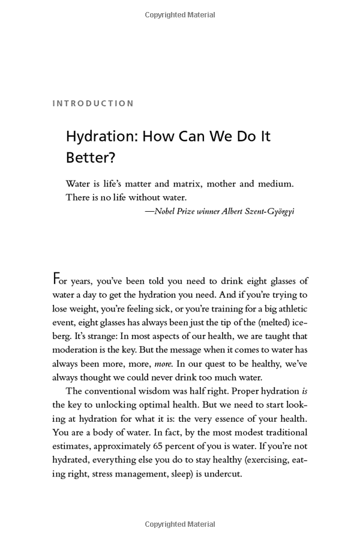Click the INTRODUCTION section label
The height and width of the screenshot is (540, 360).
tap(93, 103)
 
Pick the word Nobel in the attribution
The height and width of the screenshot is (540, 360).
tap(166, 211)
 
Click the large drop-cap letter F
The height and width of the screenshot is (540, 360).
tap(57, 280)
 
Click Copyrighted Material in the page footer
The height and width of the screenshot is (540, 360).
tap(179, 525)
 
